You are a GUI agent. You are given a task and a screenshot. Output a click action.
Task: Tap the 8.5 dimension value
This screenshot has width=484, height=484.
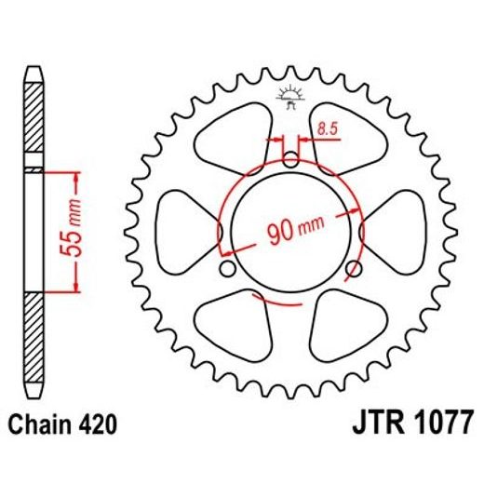[x=327, y=131]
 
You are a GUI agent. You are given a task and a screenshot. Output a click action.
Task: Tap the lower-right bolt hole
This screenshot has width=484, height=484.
[x=353, y=270]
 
